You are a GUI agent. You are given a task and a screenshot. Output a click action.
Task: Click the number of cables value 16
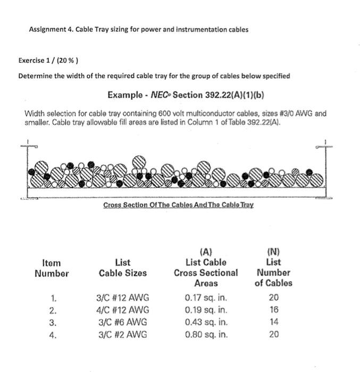(x=273, y=310)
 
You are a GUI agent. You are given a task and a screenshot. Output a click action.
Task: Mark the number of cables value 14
(x=273, y=322)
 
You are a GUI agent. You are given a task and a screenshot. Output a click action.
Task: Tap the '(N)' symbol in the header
(x=273, y=251)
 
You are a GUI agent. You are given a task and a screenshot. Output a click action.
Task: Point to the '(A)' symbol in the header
(x=206, y=251)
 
